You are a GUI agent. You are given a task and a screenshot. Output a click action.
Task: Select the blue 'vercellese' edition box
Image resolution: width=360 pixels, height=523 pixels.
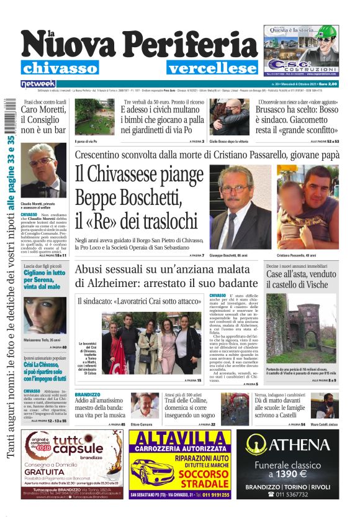point(212,68)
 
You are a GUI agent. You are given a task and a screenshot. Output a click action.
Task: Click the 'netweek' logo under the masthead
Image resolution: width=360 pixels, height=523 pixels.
point(38,83)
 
